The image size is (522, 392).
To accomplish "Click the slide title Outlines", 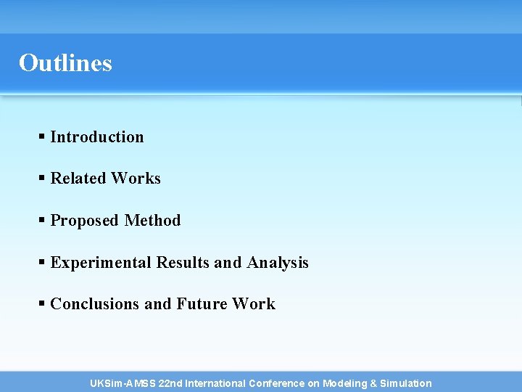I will point(65,63).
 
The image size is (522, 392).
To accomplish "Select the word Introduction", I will point(97,137).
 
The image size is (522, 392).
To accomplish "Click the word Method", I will point(153,221).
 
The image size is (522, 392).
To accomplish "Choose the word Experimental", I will point(101,263).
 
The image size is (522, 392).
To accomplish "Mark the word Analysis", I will point(278,263).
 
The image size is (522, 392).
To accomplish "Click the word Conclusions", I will point(95,304).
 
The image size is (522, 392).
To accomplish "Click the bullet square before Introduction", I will point(43,136).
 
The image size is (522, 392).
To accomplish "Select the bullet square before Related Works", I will point(43,178).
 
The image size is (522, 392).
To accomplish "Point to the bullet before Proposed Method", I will point(43,220).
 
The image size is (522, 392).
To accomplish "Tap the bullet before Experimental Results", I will point(43,262).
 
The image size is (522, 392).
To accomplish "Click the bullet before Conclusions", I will point(43,303).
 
